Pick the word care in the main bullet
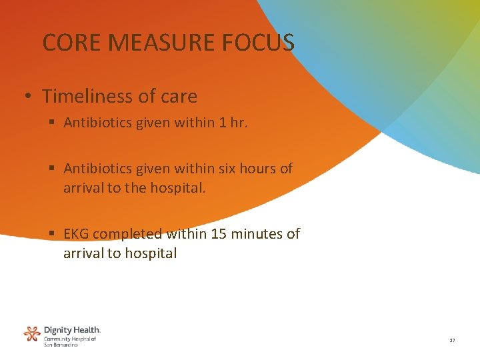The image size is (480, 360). [x=179, y=97]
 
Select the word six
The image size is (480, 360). [x=228, y=169]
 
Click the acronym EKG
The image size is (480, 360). [x=77, y=234]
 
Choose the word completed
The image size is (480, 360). [x=127, y=234]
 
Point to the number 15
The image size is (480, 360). [x=218, y=234]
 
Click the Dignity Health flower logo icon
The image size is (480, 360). [x=31, y=334]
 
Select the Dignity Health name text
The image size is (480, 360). [x=72, y=330]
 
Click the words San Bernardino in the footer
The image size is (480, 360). [x=61, y=345]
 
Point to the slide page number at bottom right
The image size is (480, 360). [x=452, y=341]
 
